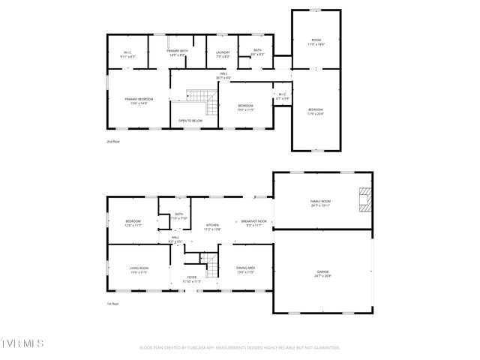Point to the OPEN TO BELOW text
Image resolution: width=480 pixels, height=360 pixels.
[x=190, y=120]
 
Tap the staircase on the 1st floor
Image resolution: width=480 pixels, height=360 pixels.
[x=211, y=264]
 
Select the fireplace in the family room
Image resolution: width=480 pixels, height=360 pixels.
[x=364, y=201]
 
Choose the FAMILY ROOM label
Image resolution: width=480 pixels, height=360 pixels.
[x=320, y=202]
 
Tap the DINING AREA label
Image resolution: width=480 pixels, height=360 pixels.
[x=245, y=269]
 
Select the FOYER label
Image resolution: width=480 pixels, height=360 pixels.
[x=192, y=278]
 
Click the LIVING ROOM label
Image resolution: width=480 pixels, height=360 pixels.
[x=138, y=269]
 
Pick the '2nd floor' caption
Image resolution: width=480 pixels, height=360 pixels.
[x=112, y=140]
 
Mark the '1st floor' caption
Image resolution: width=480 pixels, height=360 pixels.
[x=112, y=304]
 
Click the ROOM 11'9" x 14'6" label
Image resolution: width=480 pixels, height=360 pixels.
[x=316, y=42]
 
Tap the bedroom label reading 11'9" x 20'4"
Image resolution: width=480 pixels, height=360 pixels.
[x=316, y=111]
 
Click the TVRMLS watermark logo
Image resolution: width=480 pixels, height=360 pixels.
[x=22, y=343]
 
